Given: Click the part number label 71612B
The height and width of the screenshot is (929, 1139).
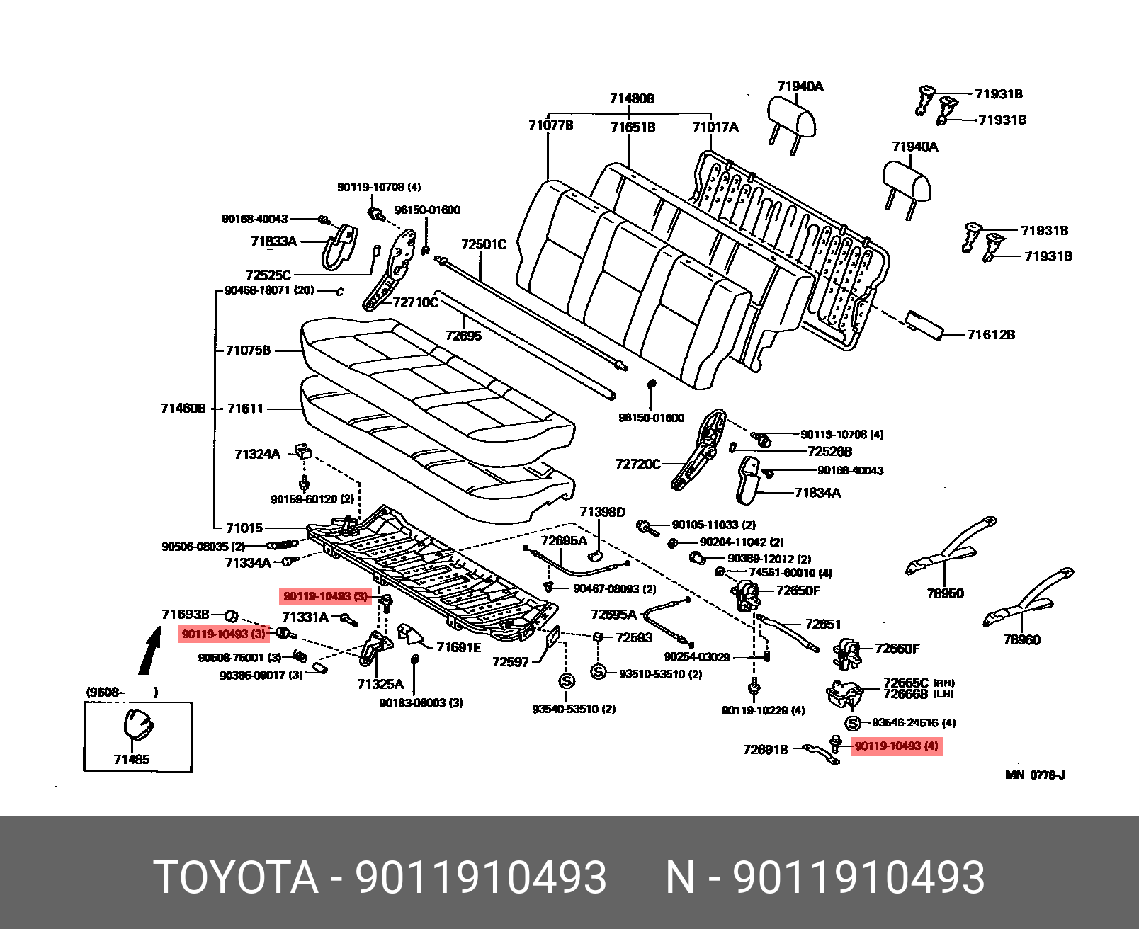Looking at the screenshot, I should pos(990,334).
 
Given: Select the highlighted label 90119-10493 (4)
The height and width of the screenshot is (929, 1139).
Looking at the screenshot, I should pos(896,746).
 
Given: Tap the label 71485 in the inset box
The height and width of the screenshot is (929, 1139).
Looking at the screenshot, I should pos(132,759).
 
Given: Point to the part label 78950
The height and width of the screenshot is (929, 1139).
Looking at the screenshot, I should pos(945,593).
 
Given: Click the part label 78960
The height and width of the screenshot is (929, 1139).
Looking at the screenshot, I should pos(1021,639).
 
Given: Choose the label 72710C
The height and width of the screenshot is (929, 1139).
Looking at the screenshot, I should pos(415,302).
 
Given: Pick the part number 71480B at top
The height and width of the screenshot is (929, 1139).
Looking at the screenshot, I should pos(632,98).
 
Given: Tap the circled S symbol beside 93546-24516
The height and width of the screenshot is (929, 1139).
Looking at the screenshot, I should pos(853,723).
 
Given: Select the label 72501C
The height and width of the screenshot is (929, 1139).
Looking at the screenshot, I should pos(484,244).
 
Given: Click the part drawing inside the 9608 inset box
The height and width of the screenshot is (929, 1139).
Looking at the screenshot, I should pos(137,726).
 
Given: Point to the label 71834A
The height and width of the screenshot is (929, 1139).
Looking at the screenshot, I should pos(817,493).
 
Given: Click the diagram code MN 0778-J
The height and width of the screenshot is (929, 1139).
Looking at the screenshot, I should pos(1035,775).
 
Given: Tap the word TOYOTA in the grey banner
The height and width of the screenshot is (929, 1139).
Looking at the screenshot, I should pos(236,877).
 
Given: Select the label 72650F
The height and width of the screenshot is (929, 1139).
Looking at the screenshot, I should pos(798,591).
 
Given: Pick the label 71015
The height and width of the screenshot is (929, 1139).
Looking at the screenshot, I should pos(244,528).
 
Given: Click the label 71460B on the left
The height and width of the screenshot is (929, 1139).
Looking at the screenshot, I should pos(183,408).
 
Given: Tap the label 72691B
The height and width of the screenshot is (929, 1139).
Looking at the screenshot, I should pos(765,749).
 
